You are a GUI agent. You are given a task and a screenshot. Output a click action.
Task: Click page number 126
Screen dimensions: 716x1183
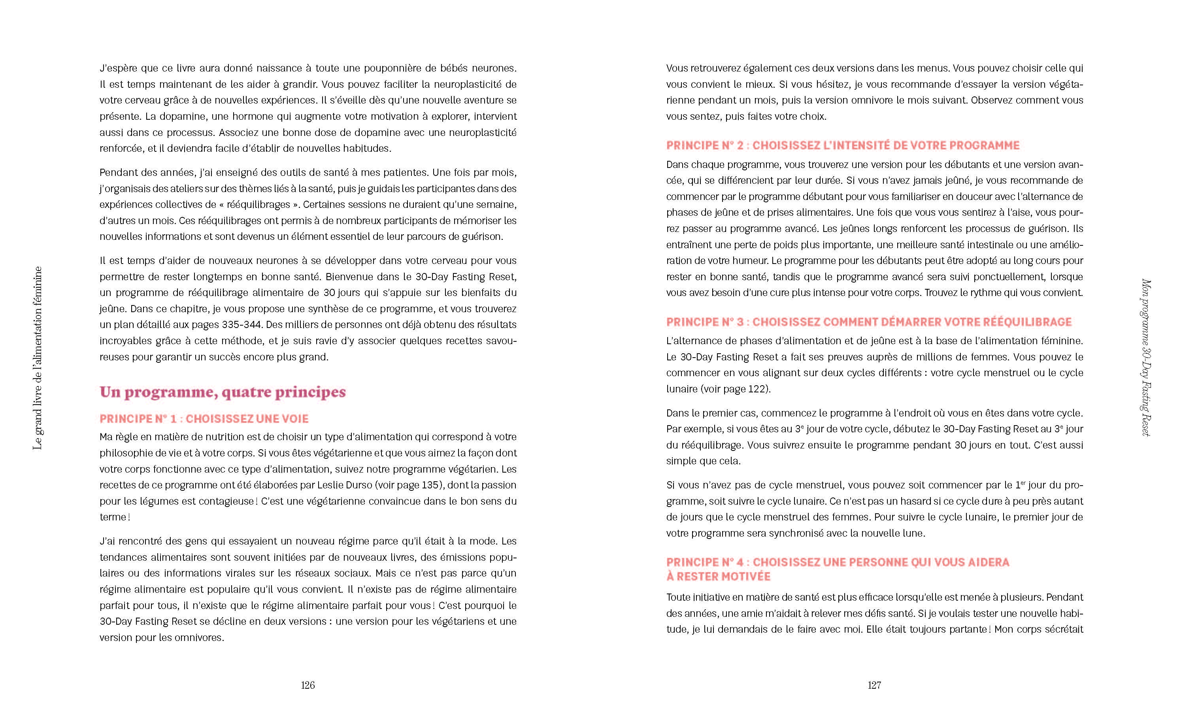click(x=308, y=685)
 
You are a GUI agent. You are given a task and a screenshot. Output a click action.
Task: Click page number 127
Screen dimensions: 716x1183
click(x=874, y=685)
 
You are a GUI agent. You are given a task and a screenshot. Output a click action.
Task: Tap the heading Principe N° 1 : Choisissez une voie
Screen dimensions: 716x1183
click(x=204, y=418)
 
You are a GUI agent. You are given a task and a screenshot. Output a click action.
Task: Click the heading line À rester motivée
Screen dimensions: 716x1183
click(x=718, y=577)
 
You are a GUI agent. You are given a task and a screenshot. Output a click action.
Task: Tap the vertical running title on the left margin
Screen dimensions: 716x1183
click(x=38, y=358)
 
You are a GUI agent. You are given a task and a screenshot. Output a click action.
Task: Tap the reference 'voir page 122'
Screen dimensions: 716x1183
click(x=734, y=389)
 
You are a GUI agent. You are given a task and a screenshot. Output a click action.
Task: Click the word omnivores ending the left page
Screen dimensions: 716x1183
click(x=201, y=638)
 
